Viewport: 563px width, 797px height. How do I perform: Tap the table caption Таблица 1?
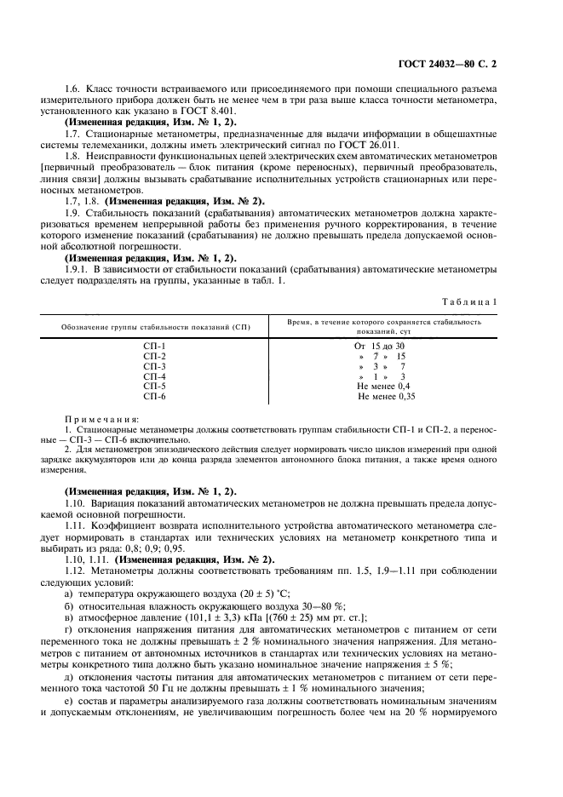(x=473, y=301)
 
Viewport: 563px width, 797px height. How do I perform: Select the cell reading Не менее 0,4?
(x=385, y=386)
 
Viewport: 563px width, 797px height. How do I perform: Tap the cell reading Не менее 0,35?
(x=387, y=396)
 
